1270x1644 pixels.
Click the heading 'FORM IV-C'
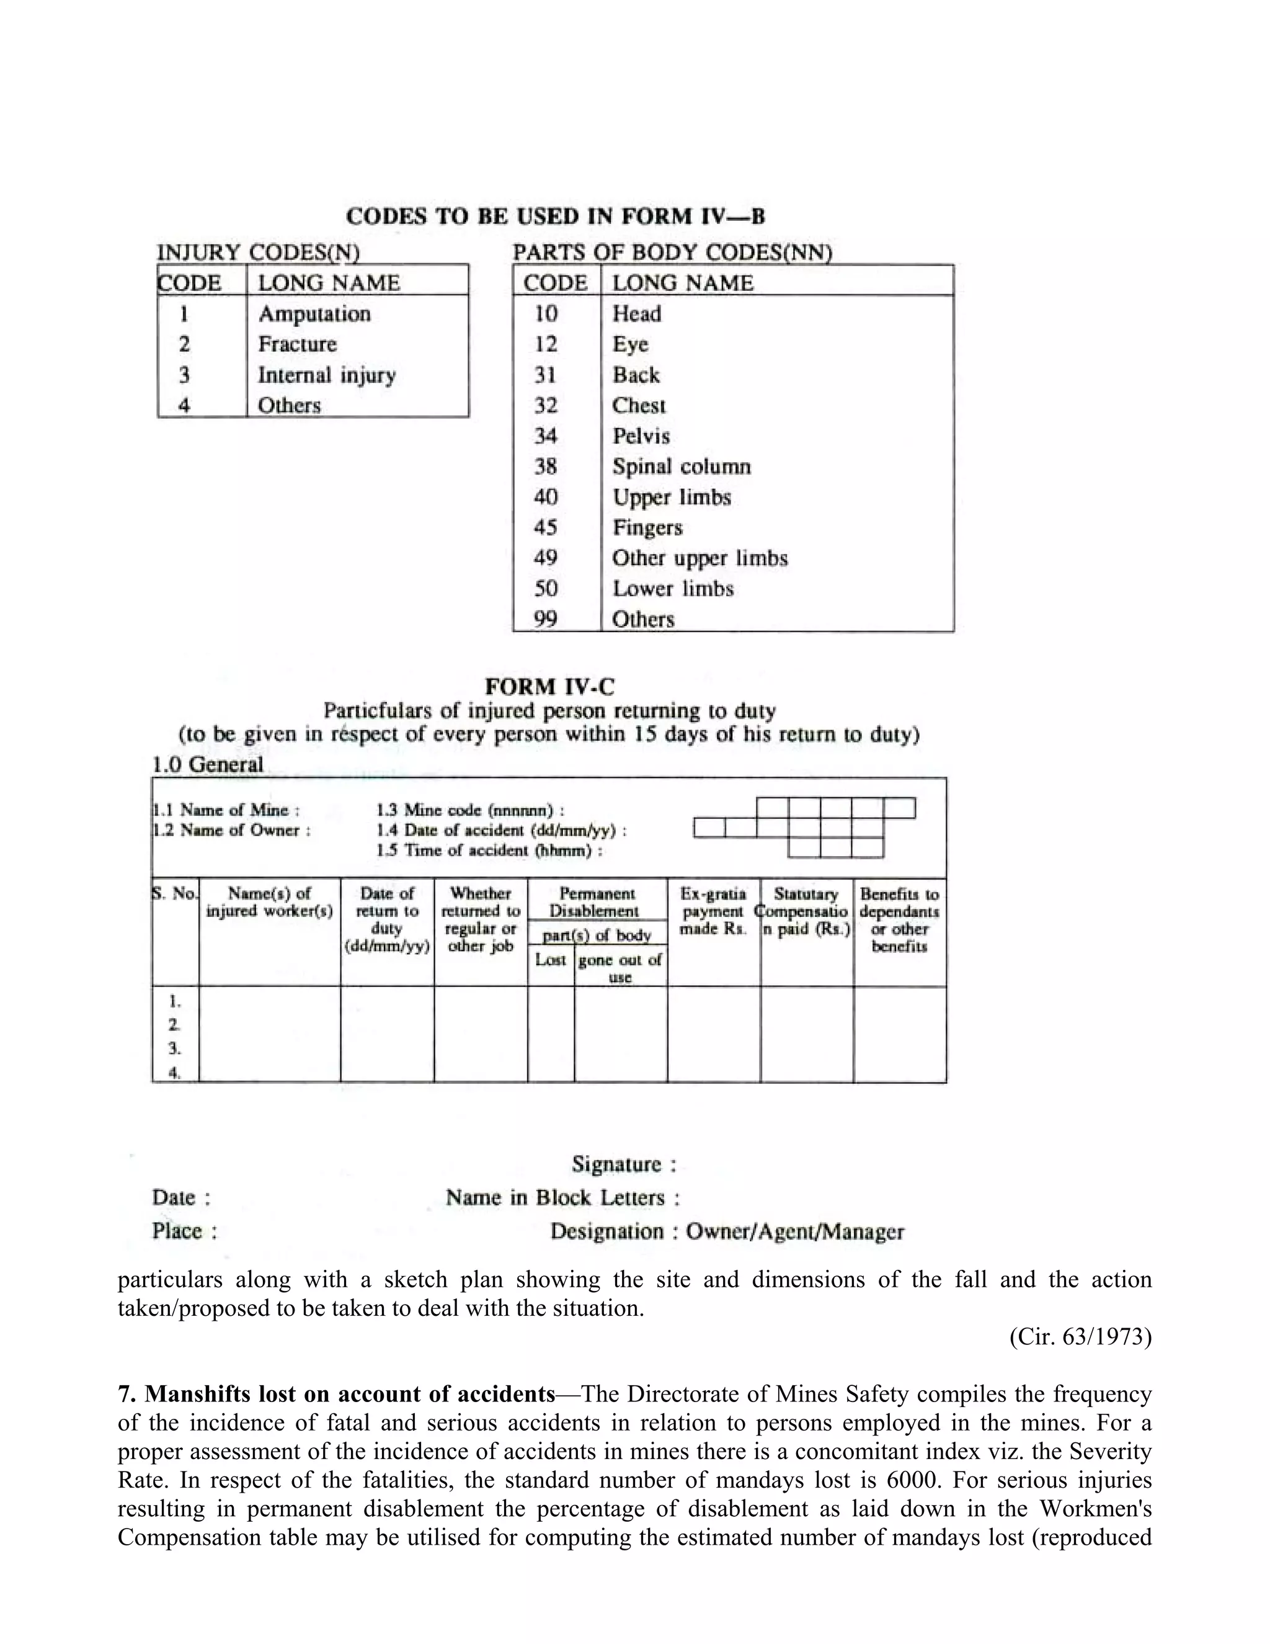[549, 687]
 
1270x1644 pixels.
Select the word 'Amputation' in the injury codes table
[314, 313]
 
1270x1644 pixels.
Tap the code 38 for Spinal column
[546, 467]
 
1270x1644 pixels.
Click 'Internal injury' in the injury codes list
[327, 375]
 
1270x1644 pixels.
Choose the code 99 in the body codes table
[546, 619]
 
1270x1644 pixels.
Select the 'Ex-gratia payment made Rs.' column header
[713, 911]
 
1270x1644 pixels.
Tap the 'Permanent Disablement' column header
[596, 902]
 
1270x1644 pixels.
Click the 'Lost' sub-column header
[550, 960]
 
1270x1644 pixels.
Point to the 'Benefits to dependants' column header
[899, 919]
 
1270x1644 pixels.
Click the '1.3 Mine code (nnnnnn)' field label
[470, 810]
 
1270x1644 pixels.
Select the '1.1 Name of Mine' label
[226, 810]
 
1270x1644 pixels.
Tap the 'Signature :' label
[624, 1164]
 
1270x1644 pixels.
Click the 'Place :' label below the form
[184, 1231]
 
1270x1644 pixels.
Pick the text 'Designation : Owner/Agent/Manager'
[727, 1231]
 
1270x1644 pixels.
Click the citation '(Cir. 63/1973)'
[1080, 1337]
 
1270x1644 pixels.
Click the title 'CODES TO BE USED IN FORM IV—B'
[555, 217]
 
